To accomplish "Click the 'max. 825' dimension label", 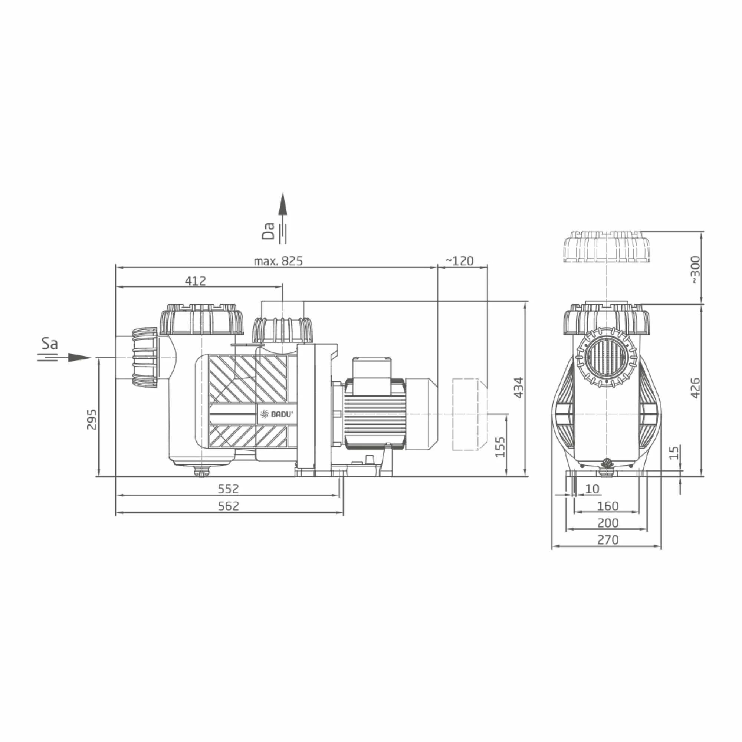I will (278, 261).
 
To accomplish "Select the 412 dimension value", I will (195, 281).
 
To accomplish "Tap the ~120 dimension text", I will (459, 261).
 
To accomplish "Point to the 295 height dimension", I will (92, 419).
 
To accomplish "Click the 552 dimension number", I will (228, 489).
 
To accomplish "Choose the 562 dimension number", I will (228, 506).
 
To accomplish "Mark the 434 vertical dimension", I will (519, 388).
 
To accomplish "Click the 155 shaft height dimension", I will (500, 447).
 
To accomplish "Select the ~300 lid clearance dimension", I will (696, 270).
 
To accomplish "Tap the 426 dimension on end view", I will (696, 388).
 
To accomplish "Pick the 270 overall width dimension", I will (608, 540).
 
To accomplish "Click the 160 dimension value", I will (608, 506).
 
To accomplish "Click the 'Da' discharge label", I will (269, 231).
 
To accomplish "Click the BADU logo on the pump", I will (276, 414).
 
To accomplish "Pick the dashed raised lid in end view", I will (607, 246).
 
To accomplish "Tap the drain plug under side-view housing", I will (201, 472).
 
